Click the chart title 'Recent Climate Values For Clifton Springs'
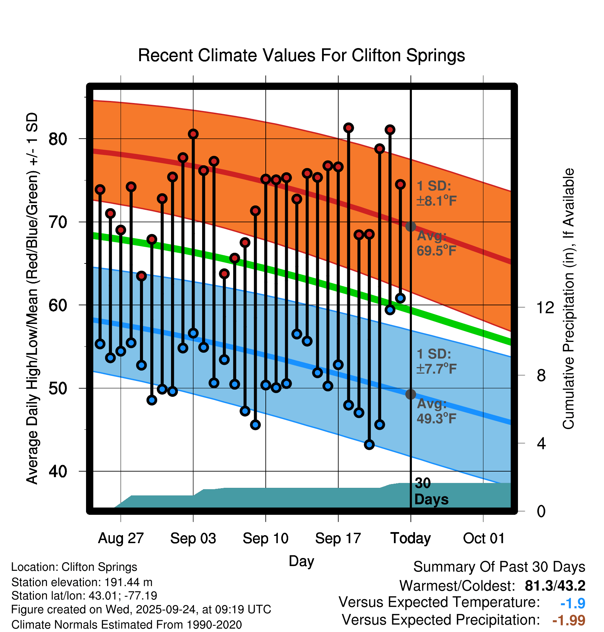click(x=301, y=55)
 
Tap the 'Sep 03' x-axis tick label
click(x=193, y=538)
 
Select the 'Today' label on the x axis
click(x=410, y=538)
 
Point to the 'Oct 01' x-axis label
click(x=483, y=538)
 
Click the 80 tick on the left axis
click(x=58, y=139)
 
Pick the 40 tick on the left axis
click(x=58, y=471)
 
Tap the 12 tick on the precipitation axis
click(x=545, y=307)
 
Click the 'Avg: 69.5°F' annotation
click(x=436, y=243)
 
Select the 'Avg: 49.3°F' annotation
click(x=436, y=411)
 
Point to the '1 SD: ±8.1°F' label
click(x=436, y=194)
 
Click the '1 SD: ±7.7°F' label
click(x=436, y=362)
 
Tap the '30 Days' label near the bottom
click(x=431, y=491)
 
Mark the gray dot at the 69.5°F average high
click(x=410, y=226)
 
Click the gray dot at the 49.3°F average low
click(x=410, y=394)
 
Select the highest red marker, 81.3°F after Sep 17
click(x=348, y=128)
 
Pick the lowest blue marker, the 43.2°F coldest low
click(x=369, y=445)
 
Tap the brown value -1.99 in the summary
click(x=569, y=620)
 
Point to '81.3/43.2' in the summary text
click(x=555, y=586)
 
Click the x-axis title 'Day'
click(x=301, y=561)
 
